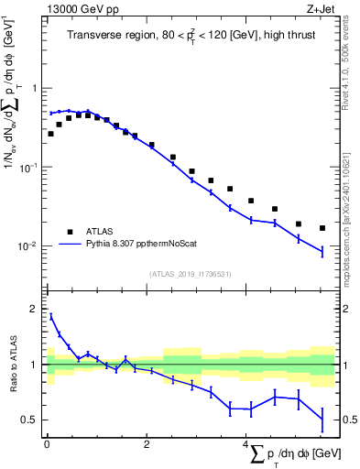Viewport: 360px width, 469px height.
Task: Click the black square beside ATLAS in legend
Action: coord(69,232)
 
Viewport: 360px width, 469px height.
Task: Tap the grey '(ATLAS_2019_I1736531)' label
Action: coord(191,274)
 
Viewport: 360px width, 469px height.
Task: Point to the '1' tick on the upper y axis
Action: coord(36,89)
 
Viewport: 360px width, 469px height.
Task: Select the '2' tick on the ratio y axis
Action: coord(36,310)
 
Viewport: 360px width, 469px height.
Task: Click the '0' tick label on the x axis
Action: coord(47,444)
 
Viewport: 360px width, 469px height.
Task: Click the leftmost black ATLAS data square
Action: coord(50,134)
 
